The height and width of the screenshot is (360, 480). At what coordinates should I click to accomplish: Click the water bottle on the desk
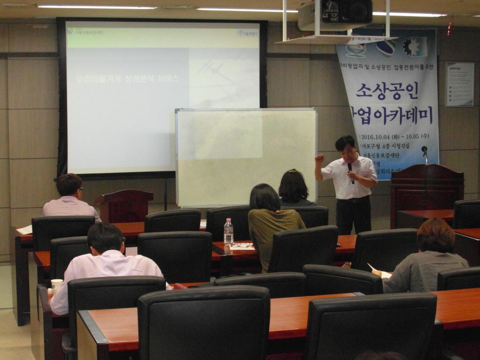click(228, 232)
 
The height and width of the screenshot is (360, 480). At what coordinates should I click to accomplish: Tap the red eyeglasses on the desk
click(241, 245)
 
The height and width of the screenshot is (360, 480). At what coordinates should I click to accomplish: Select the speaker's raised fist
click(320, 158)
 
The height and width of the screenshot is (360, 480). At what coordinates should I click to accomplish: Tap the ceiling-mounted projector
click(335, 14)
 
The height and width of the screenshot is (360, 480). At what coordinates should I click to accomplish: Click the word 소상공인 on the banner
click(387, 90)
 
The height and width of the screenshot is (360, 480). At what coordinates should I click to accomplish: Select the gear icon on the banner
click(415, 46)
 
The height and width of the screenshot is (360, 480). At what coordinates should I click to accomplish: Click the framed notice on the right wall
click(459, 84)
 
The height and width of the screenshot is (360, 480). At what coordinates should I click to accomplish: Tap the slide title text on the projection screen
click(127, 79)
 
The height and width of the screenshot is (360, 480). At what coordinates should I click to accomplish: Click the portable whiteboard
click(246, 157)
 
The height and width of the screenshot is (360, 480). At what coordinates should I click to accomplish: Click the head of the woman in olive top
click(265, 197)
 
